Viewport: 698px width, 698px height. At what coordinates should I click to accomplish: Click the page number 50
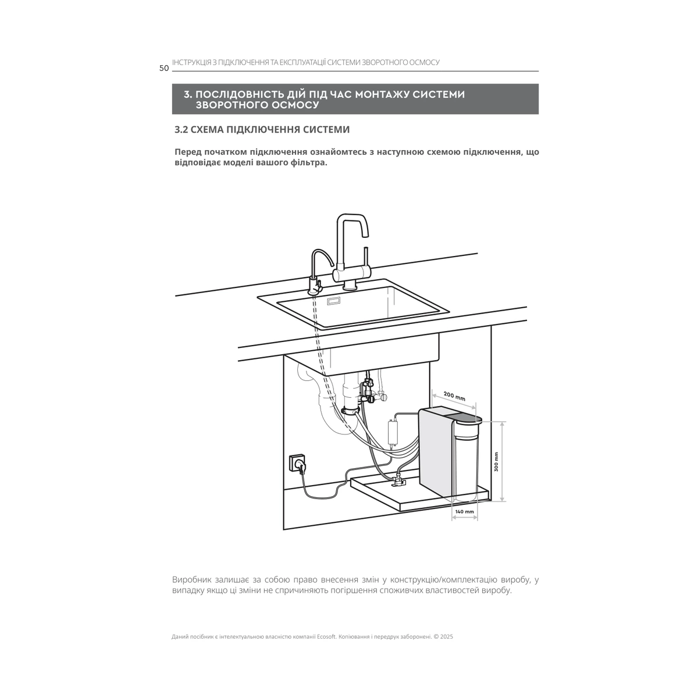pyautogui.click(x=164, y=68)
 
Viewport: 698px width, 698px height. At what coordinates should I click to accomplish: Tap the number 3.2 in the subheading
pyautogui.click(x=181, y=129)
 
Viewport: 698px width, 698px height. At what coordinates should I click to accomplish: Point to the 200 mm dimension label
pyautogui.click(x=454, y=396)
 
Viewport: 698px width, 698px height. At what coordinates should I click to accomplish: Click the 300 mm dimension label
pyautogui.click(x=496, y=461)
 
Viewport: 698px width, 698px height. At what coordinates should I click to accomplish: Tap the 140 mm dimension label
pyautogui.click(x=464, y=511)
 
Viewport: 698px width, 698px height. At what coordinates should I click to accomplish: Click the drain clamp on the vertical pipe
pyautogui.click(x=350, y=411)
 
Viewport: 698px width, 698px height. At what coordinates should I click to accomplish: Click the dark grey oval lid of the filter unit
pyautogui.click(x=468, y=419)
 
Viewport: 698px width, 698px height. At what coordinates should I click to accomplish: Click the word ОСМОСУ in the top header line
pyautogui.click(x=424, y=62)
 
